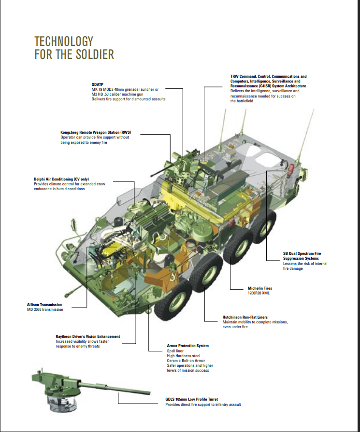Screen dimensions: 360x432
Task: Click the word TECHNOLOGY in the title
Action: [64, 42]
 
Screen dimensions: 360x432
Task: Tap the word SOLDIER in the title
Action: [95, 54]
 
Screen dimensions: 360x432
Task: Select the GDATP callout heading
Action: [98, 84]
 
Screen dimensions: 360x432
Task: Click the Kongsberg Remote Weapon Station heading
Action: [96, 133]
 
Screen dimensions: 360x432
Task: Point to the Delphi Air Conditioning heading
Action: [61, 179]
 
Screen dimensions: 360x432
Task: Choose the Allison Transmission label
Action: [44, 305]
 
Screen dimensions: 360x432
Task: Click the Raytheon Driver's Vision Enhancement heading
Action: [88, 336]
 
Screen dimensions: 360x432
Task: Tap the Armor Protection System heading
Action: [187, 346]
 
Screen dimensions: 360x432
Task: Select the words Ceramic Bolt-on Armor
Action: [186, 361]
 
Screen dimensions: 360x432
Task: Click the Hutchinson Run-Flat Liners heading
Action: [245, 317]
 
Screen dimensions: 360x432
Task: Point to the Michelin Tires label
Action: [260, 289]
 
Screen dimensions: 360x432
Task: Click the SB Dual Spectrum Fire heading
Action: [302, 253]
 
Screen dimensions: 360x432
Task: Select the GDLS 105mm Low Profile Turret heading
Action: [191, 399]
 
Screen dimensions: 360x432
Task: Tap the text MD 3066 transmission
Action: [45, 309]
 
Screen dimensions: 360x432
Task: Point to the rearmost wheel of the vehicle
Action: [264, 227]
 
